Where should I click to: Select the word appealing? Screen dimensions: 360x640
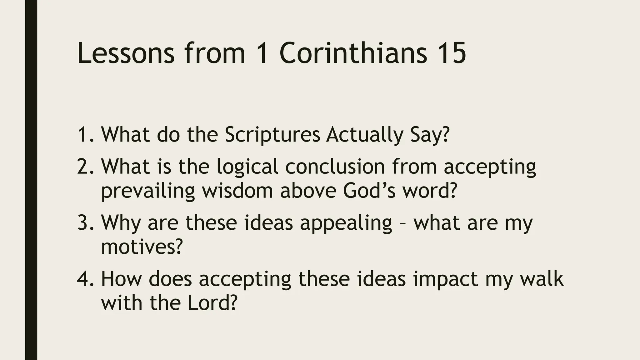tap(346, 223)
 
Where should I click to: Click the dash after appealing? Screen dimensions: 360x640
tap(403, 224)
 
